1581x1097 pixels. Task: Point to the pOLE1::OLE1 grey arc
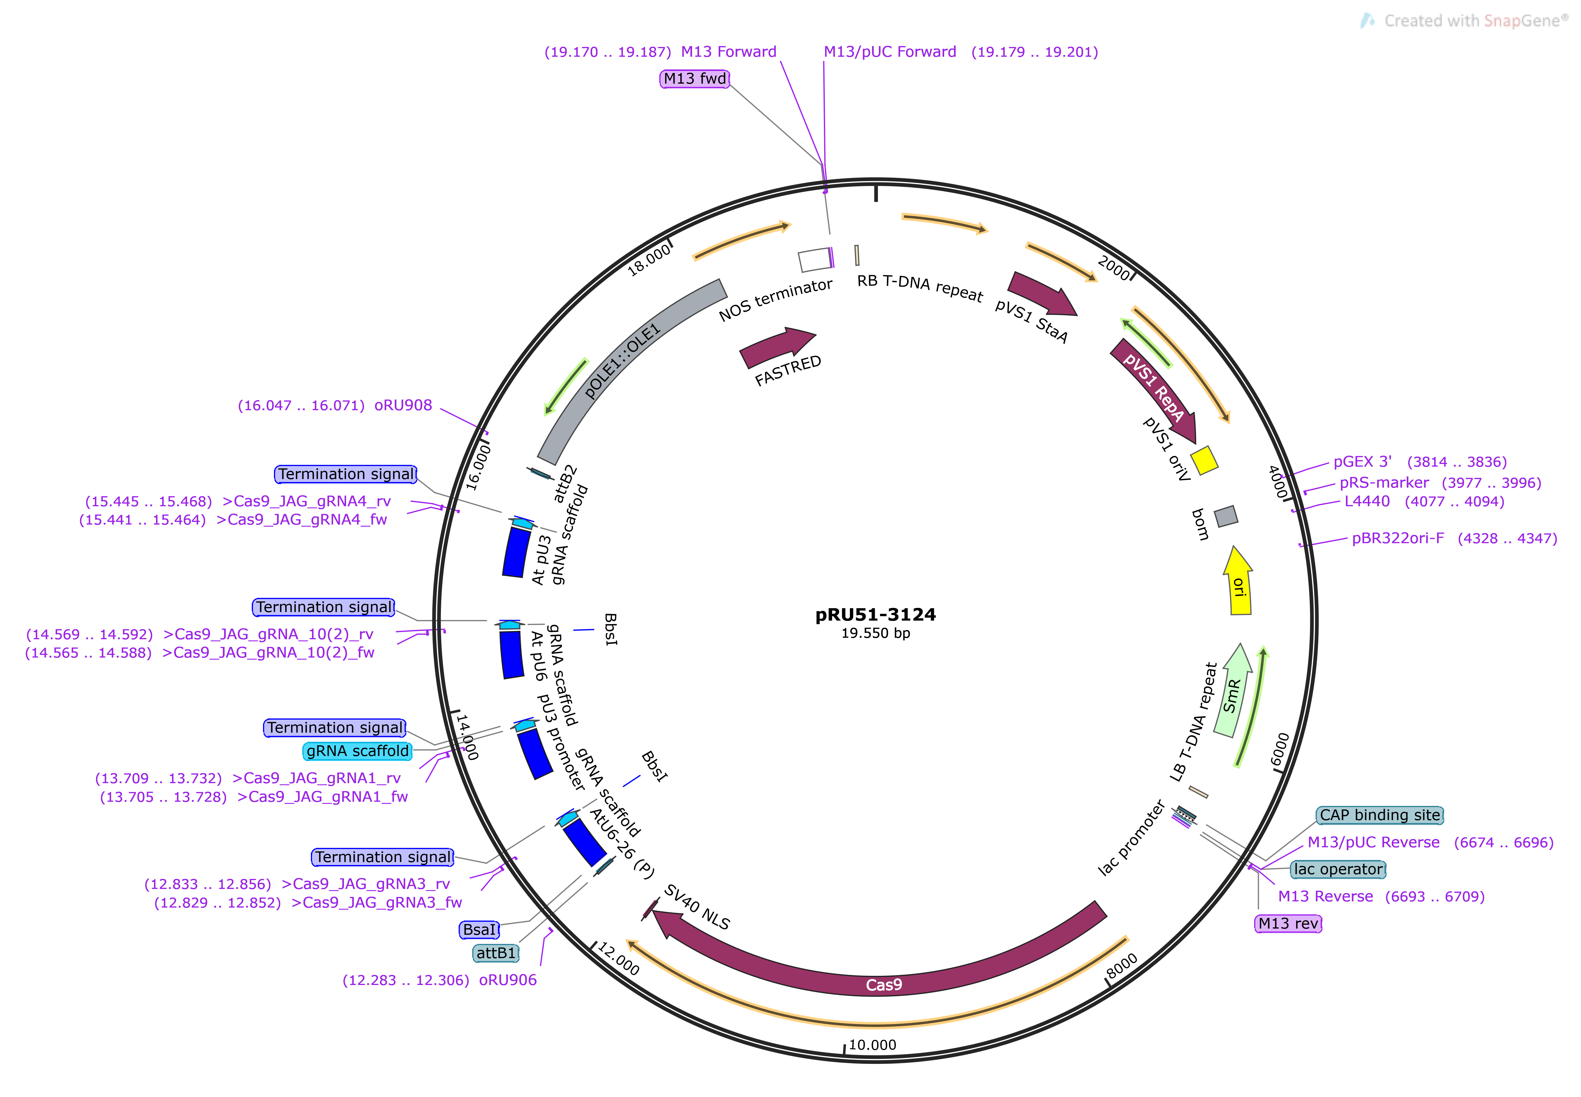coord(622,361)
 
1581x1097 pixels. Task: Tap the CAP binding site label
coord(1379,815)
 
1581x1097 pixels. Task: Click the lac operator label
coord(1338,869)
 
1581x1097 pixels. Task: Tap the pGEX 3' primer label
coord(1362,462)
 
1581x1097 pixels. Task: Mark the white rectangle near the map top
coord(815,260)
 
